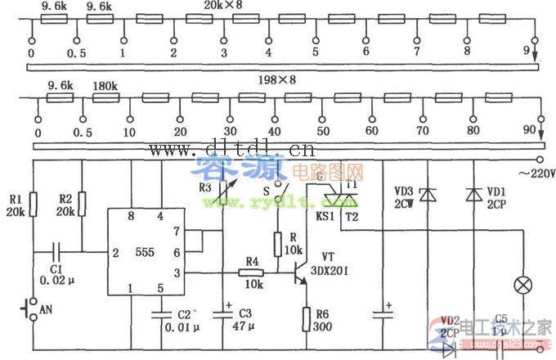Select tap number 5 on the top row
[315, 52]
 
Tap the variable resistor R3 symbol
[222, 197]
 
